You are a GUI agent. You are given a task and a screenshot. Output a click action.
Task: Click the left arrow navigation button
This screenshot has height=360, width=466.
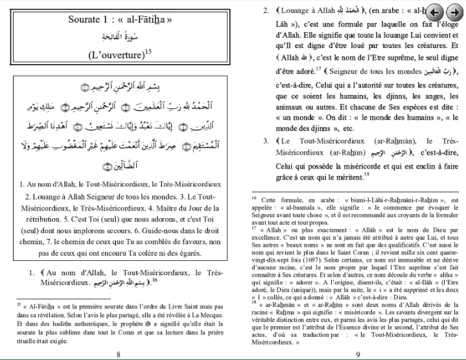436,13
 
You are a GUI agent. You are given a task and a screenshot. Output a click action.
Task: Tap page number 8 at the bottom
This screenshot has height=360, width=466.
117,354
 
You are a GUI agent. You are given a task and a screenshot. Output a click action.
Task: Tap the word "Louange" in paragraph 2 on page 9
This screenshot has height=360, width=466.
299,12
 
